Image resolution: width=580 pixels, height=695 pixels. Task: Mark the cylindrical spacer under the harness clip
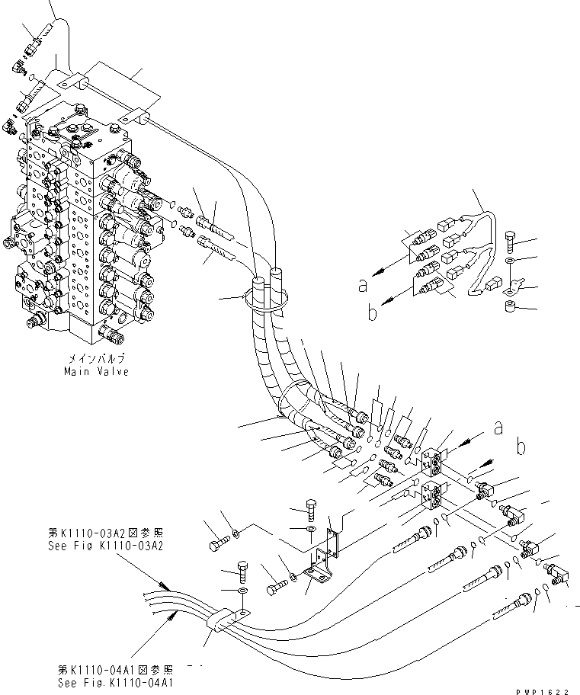pos(509,306)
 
